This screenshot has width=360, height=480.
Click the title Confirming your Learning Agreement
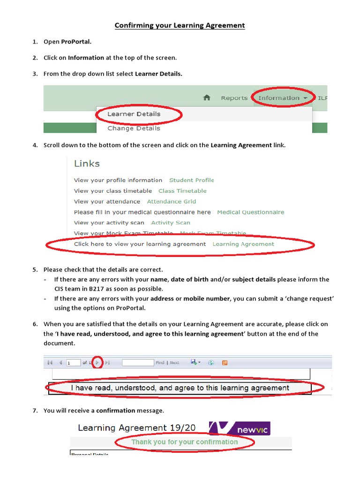(x=180, y=25)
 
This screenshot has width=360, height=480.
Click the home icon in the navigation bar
(x=207, y=97)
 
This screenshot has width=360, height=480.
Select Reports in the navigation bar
(x=234, y=98)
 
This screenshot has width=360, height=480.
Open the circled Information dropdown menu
(x=282, y=98)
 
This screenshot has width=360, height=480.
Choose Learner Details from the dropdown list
(x=134, y=114)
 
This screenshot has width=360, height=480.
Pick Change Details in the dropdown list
(x=134, y=128)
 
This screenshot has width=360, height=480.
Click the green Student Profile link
(x=191, y=180)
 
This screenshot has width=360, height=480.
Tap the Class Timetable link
(x=182, y=191)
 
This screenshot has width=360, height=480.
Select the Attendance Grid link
(x=172, y=202)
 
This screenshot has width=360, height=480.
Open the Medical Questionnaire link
(x=250, y=212)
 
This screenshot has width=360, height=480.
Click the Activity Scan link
(x=171, y=223)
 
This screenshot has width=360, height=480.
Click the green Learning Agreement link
(x=243, y=244)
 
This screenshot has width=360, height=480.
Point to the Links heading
(x=87, y=164)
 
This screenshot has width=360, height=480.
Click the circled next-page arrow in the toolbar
(x=97, y=362)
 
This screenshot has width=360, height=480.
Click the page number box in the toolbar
(x=73, y=363)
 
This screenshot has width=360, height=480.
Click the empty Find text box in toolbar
(x=138, y=363)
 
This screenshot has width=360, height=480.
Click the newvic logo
(x=240, y=427)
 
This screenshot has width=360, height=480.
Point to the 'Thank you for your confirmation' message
(x=184, y=442)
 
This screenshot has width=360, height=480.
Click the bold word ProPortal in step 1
(x=76, y=42)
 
